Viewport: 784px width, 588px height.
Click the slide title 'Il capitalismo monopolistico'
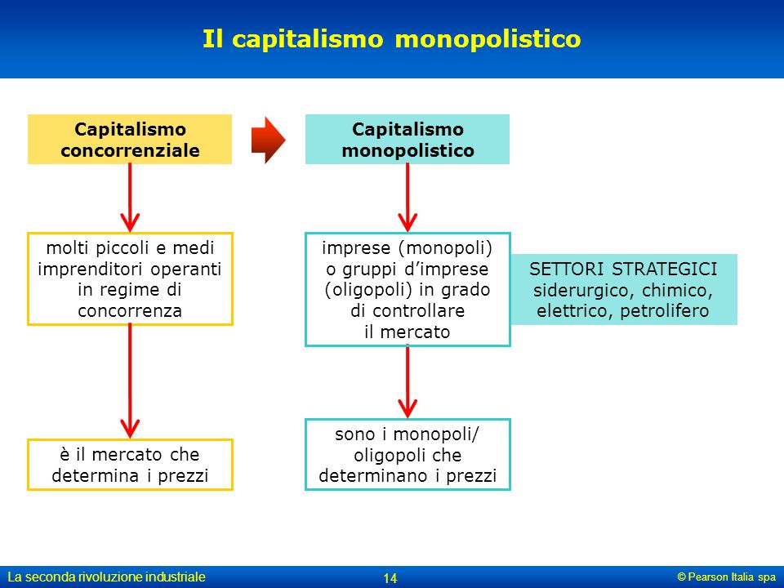391,39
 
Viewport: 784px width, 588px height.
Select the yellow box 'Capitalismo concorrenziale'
130,140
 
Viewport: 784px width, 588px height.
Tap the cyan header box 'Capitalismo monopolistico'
408,140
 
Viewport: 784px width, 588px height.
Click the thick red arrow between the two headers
269,140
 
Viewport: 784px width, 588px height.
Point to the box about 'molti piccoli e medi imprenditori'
130,279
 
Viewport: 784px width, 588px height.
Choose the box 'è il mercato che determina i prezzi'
130,465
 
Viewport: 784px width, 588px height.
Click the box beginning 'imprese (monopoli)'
408,289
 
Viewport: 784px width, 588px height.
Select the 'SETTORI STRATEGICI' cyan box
623,289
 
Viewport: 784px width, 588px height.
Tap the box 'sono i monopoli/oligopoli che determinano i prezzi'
408,455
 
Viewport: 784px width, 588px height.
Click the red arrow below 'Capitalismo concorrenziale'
130,198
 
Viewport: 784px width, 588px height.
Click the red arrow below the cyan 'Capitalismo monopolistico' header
408,198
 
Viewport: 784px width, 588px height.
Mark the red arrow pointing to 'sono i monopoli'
408,382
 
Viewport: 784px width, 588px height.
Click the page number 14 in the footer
390,578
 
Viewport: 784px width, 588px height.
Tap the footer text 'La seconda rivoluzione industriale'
106,577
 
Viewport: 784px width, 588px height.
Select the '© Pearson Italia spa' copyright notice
727,577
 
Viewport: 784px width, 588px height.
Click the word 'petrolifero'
665,311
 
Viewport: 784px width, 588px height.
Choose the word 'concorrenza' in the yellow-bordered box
130,311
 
